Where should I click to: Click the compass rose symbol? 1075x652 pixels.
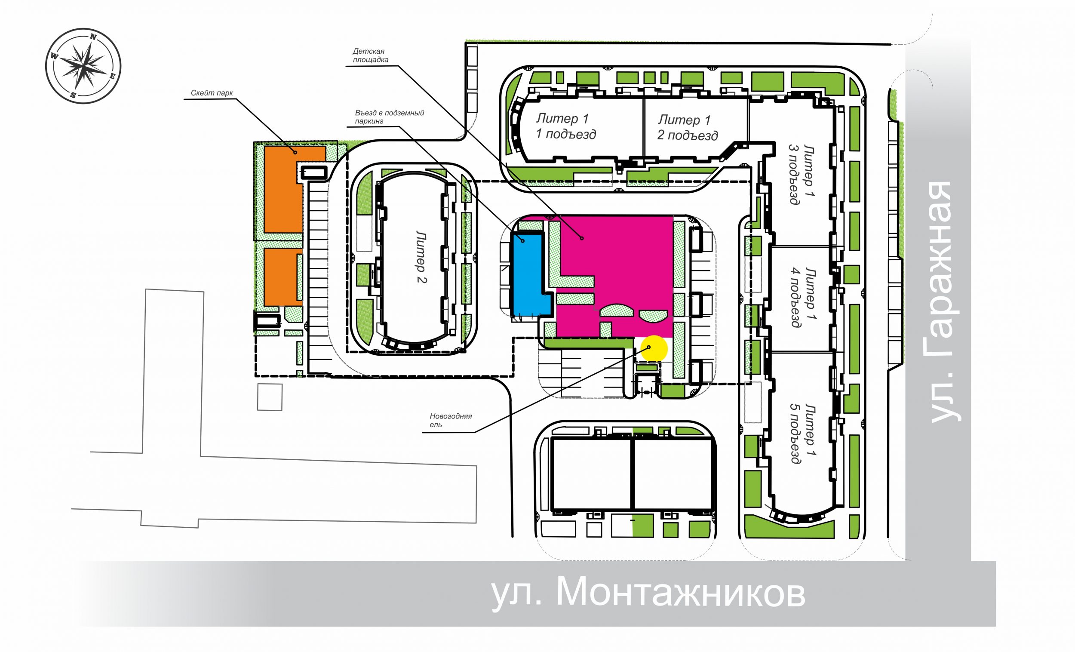click(83, 66)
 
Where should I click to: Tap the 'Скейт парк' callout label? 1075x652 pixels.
click(212, 93)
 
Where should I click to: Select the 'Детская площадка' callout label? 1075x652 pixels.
click(370, 55)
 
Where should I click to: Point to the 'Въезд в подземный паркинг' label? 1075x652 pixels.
click(389, 117)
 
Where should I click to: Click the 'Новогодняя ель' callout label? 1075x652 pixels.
click(450, 420)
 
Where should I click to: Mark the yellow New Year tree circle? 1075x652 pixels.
click(654, 349)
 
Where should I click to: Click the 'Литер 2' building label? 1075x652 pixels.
click(421, 257)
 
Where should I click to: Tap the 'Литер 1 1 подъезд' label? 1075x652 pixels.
click(565, 126)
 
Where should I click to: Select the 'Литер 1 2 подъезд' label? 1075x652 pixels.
click(687, 127)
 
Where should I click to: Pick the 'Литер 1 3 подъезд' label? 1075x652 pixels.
click(802, 175)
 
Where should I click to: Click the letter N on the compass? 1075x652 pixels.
click(93, 37)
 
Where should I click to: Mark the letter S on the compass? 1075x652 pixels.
click(73, 95)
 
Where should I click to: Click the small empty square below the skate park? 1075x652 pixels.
click(269, 397)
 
